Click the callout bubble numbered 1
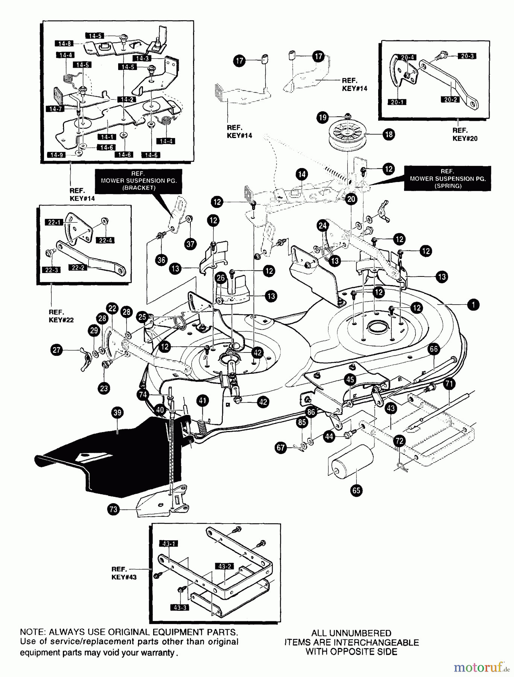point(473,304)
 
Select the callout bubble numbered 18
point(389,134)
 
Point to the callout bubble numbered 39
point(117,413)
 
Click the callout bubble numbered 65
point(356,490)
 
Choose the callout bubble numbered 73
point(113,510)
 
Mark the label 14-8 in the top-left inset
point(63,44)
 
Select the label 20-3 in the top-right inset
point(467,56)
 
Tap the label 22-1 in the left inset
point(55,223)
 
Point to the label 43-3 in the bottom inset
point(180,607)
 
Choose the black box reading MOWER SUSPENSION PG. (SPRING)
point(447,179)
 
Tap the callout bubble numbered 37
point(190,244)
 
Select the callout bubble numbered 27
point(56,350)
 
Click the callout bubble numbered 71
point(449,384)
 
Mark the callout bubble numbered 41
point(202,401)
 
